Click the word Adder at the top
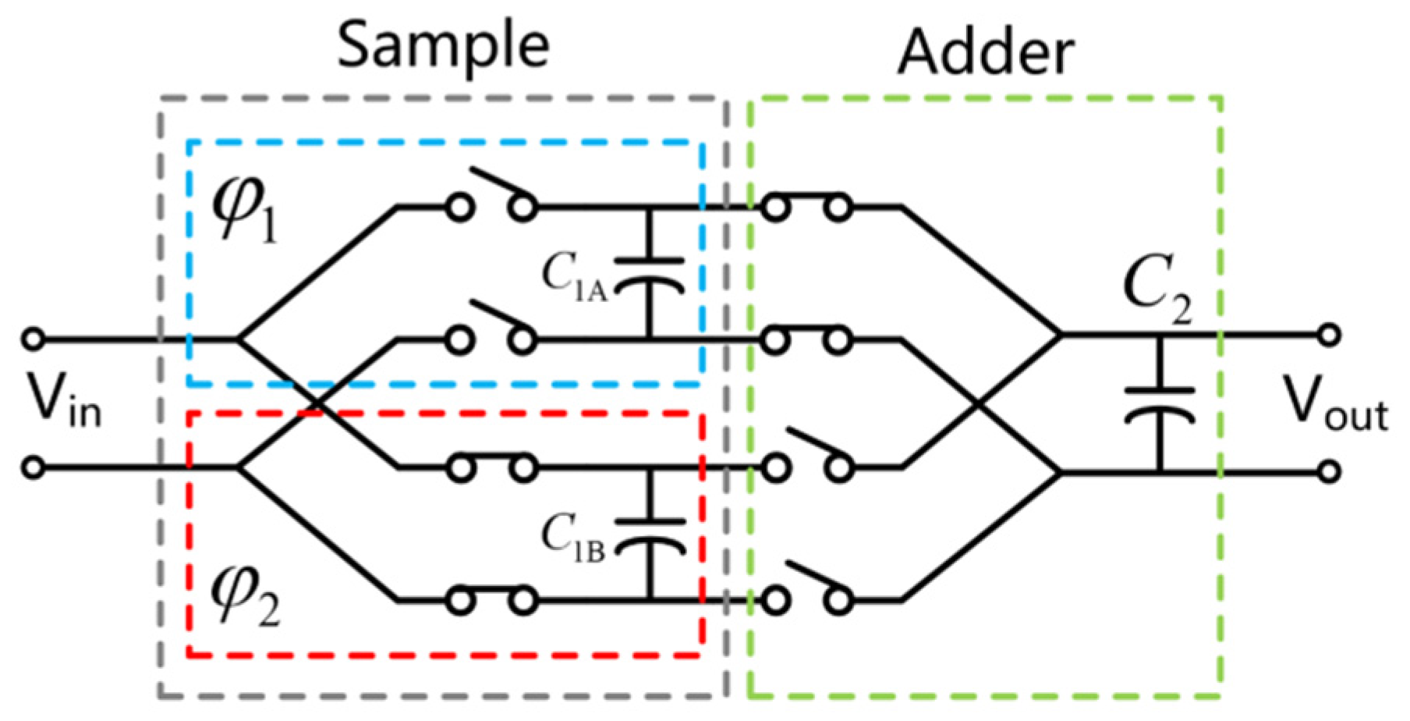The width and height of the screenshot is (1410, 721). coord(986,53)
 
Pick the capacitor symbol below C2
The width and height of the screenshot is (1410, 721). coord(1159,403)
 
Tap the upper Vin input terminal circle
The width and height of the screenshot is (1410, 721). coord(33,339)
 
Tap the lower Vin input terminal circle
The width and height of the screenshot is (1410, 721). coord(33,468)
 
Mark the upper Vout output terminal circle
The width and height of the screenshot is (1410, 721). coord(1330,335)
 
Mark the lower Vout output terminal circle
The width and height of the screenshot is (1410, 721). coord(1330,471)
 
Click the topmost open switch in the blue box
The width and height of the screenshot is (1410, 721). coord(491,195)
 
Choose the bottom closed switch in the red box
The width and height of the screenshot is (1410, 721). coord(491,600)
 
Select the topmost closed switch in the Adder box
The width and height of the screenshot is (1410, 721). coord(806,207)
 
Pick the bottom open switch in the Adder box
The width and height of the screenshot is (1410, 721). coord(806,589)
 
